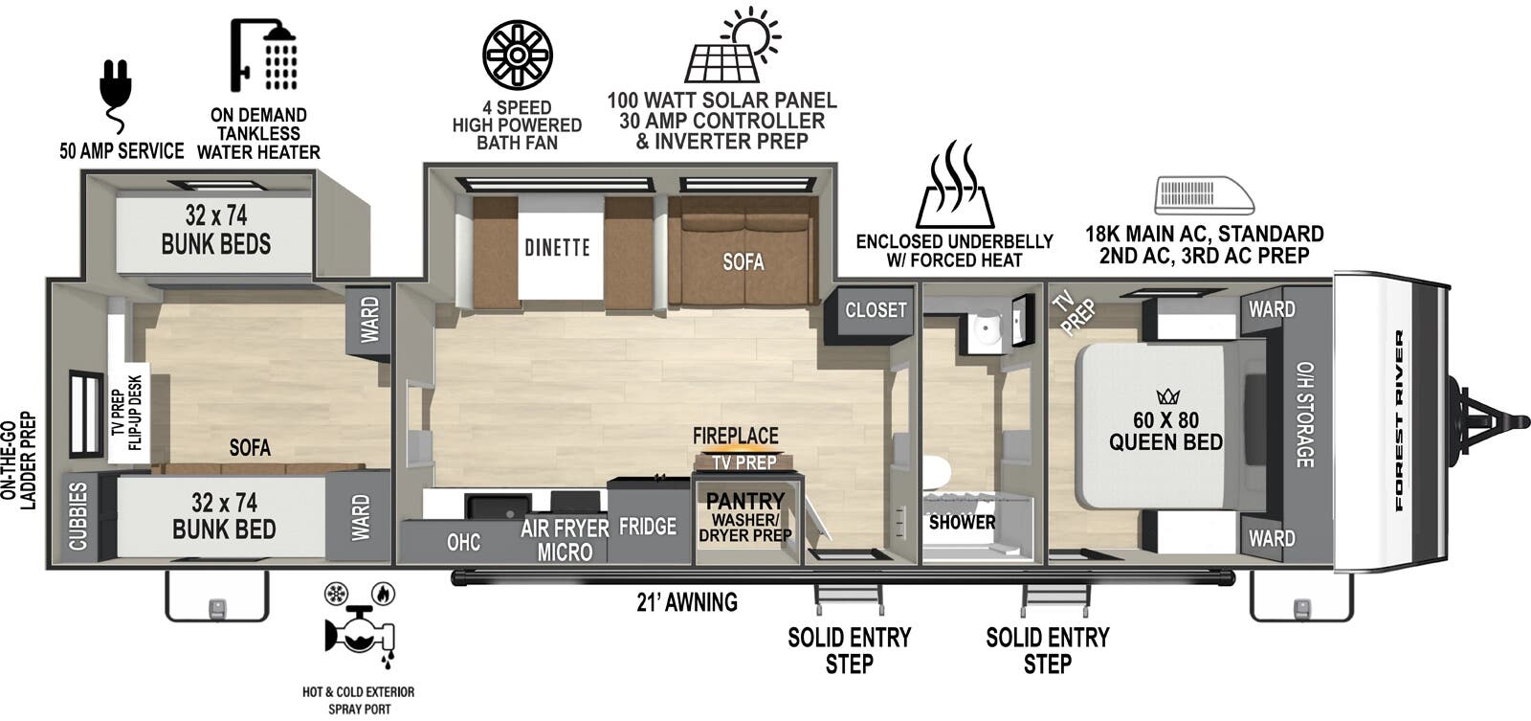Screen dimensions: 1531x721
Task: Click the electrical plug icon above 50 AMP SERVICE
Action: tap(115, 96)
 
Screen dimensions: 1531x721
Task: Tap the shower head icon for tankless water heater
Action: tap(263, 55)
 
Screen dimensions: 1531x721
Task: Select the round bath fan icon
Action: tap(518, 55)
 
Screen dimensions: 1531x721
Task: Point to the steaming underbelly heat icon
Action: tap(955, 185)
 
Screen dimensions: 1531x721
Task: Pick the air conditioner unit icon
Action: tap(1205, 195)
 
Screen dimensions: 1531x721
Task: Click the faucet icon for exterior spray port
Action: tap(360, 624)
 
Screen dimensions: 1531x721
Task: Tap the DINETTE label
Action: tap(557, 248)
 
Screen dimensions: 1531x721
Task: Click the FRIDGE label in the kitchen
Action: tap(647, 526)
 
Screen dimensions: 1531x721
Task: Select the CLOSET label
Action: tap(876, 310)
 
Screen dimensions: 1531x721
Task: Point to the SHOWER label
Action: tap(962, 523)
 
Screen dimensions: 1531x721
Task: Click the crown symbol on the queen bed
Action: tap(1168, 396)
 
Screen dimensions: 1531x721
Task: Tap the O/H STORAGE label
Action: tap(1305, 415)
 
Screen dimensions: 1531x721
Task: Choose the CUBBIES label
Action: tap(78, 516)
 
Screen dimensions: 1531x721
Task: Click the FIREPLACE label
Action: tap(736, 436)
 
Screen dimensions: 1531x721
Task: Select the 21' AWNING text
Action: tap(687, 602)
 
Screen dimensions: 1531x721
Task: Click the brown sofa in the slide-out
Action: tap(743, 251)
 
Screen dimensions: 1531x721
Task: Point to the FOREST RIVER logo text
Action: tap(1399, 420)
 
